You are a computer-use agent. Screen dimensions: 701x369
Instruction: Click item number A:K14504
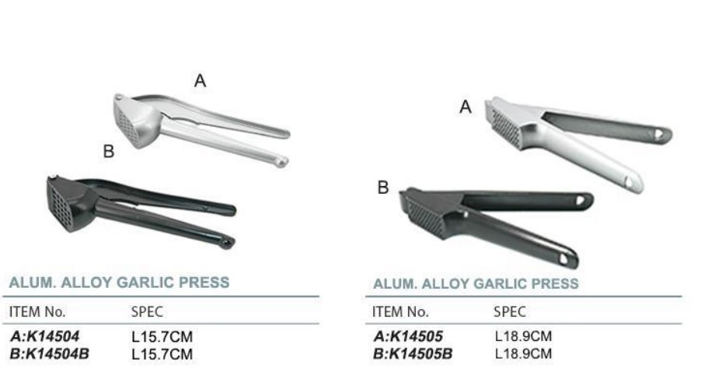click(x=44, y=336)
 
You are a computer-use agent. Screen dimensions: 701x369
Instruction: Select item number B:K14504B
click(x=49, y=353)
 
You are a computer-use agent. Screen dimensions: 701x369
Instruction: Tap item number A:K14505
click(x=408, y=336)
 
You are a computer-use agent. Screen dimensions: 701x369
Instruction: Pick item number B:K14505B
click(x=413, y=353)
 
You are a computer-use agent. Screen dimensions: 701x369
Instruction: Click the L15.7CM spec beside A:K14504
click(x=162, y=337)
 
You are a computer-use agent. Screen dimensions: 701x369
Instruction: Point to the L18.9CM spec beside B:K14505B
click(x=523, y=353)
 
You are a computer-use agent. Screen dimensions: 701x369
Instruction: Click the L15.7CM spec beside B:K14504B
click(x=162, y=354)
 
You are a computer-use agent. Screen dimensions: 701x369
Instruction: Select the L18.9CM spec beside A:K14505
click(x=523, y=336)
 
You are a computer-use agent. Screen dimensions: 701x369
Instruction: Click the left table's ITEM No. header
click(x=37, y=311)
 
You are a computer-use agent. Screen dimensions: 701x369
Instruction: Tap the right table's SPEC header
click(x=510, y=311)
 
